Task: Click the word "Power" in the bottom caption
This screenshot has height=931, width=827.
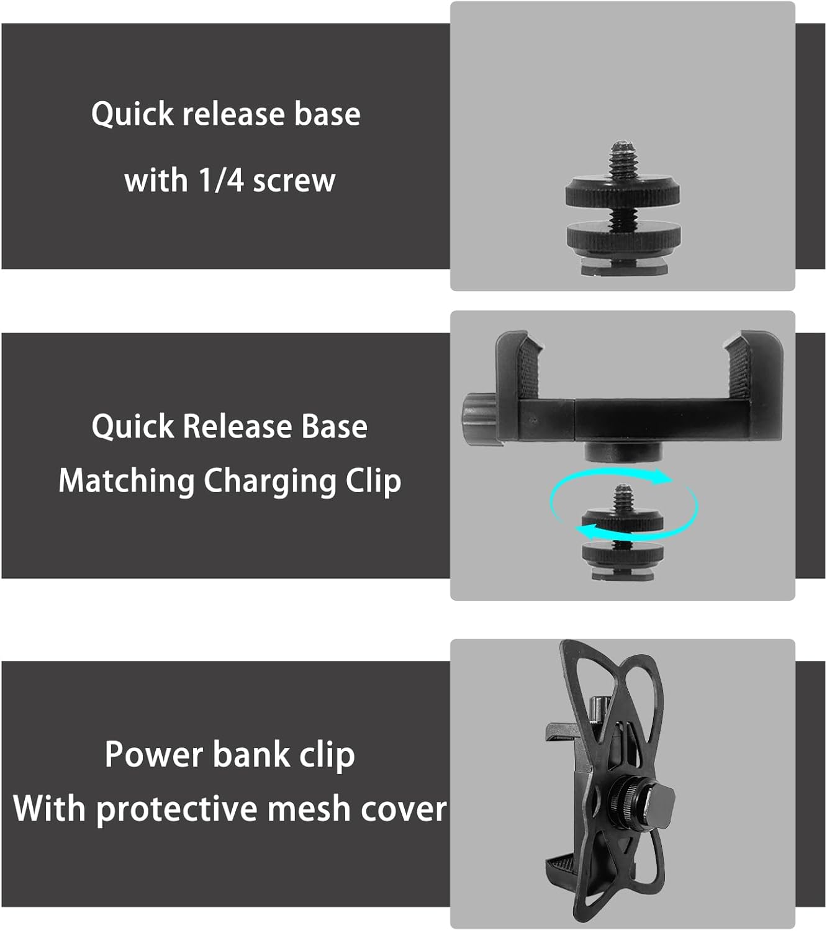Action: [x=154, y=755]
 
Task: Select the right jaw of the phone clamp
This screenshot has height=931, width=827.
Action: [x=753, y=366]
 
